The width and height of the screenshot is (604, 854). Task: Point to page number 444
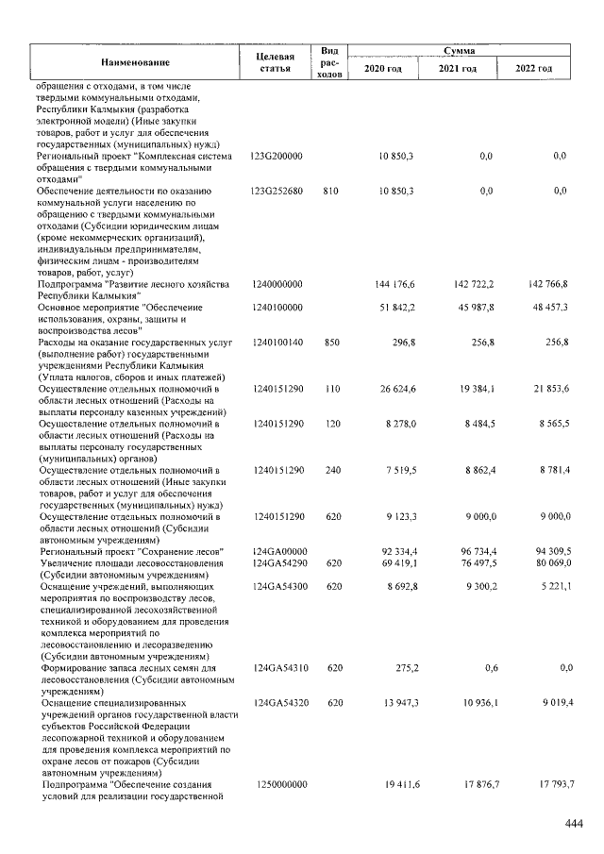[574, 824]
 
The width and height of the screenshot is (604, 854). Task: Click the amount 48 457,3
[546, 308]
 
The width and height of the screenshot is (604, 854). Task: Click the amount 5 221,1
[548, 586]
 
